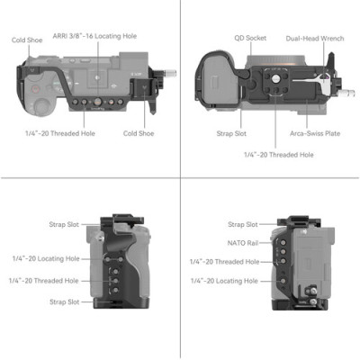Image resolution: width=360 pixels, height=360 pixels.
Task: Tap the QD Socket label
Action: coord(251,39)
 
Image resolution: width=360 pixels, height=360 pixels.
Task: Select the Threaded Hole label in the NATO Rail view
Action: coord(224,261)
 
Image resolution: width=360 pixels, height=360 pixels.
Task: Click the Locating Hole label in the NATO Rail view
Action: coord(224,283)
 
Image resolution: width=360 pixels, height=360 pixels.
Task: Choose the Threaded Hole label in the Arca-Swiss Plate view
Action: coord(278,155)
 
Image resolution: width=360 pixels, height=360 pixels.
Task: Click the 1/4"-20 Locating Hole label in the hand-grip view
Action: coord(45,259)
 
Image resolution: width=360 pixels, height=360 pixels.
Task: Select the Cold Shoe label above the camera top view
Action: coord(26,40)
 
